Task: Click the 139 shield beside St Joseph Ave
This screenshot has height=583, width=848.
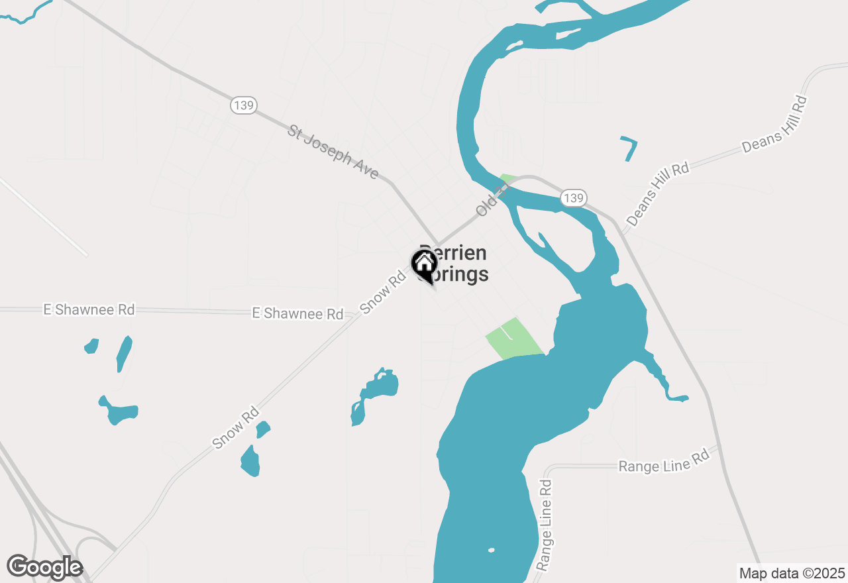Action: tap(244, 105)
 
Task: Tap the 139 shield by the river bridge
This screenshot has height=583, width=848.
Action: tap(574, 197)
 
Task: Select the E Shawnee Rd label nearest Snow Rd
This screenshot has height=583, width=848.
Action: tap(297, 313)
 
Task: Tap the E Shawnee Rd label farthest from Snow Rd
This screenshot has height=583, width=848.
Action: tap(89, 309)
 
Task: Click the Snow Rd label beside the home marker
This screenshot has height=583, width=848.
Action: tap(383, 291)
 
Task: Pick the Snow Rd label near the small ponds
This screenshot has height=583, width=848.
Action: tap(236, 429)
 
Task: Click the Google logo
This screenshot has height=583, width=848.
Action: tap(44, 566)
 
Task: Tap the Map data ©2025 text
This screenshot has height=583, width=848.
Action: tap(791, 573)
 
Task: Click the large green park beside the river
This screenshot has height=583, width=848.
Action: tap(513, 339)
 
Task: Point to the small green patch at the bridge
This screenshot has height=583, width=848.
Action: tap(508, 179)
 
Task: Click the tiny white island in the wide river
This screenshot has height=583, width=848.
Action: tap(491, 550)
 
